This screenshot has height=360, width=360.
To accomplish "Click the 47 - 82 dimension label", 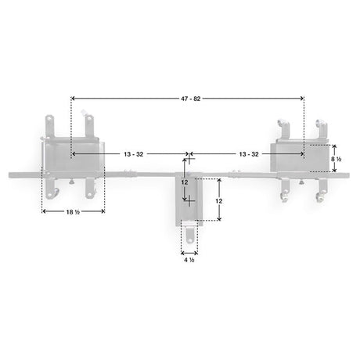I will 188,98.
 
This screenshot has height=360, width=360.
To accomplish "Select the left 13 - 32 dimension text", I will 133,154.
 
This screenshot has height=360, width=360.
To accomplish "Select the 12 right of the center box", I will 219,200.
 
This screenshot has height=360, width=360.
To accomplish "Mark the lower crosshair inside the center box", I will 188,200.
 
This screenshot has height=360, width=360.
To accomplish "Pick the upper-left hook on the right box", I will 281,125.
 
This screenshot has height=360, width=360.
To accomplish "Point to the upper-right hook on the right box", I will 319,126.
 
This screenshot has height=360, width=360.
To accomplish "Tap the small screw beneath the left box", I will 73,183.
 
